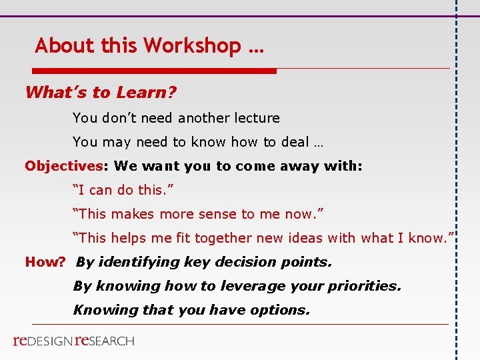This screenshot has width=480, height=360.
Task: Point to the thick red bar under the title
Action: [x=154, y=71]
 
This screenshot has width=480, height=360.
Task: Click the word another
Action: [x=204, y=118]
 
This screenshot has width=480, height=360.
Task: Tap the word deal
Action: [x=293, y=142]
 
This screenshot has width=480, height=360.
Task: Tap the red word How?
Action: [x=45, y=262]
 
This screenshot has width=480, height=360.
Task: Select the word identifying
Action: [x=134, y=262]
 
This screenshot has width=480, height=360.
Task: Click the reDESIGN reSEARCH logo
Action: [x=73, y=341]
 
